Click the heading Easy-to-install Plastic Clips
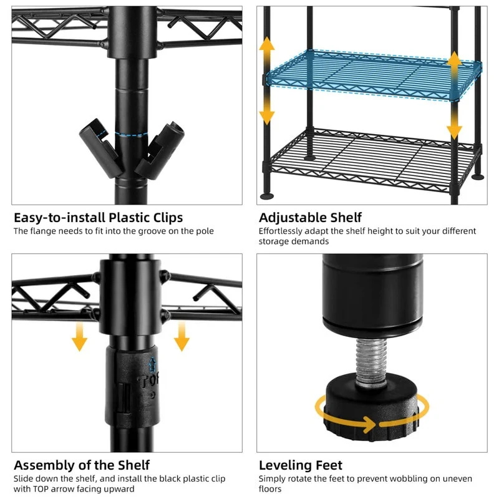click(99, 218)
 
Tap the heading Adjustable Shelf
click(310, 218)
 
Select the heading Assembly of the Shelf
click(82, 465)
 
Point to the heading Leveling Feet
click(301, 465)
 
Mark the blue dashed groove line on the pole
click(132, 135)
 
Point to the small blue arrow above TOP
click(153, 365)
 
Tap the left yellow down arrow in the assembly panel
click(80, 337)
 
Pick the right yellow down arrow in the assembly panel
click(182, 337)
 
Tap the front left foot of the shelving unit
click(267, 195)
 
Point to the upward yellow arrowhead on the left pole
click(267, 44)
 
